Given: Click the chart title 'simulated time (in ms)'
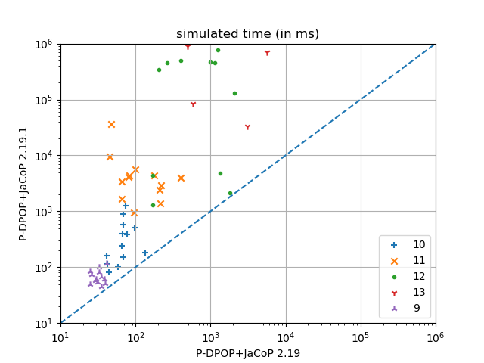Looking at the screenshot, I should tap(247, 34).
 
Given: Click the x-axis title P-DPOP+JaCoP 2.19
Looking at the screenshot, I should tap(247, 352).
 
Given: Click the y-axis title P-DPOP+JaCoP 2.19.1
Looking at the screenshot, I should tap(23, 184).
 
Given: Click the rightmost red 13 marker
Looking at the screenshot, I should tap(267, 53).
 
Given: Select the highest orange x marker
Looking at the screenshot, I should tap(111, 124).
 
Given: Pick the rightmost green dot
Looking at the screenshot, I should tap(234, 93).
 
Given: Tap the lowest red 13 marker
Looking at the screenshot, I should tap(247, 127).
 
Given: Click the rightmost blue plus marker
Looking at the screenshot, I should tap(145, 253).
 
